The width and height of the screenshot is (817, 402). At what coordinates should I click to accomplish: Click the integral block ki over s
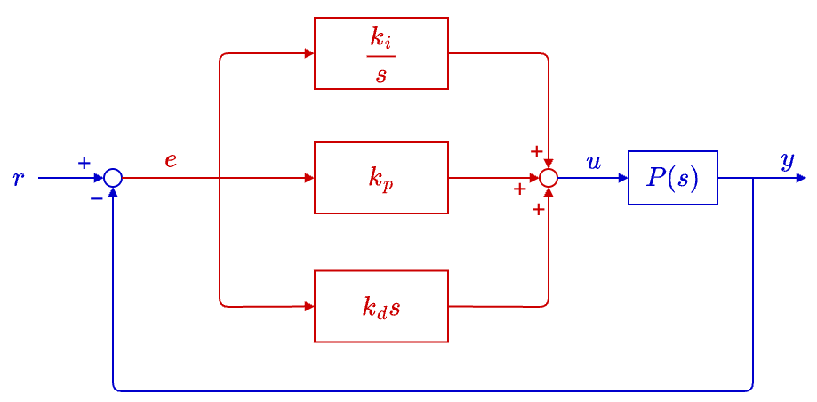[380, 53]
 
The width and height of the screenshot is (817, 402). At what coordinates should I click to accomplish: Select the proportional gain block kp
[380, 178]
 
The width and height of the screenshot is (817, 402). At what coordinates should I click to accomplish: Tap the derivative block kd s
[380, 306]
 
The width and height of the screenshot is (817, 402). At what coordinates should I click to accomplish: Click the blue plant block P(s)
[672, 178]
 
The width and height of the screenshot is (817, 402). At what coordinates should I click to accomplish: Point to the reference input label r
[18, 179]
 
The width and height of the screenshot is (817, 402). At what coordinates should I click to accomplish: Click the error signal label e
[171, 161]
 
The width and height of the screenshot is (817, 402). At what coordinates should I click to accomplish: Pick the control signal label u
[594, 162]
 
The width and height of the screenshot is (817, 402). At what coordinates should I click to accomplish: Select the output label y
[787, 160]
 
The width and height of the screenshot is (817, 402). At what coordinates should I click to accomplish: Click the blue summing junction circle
[113, 178]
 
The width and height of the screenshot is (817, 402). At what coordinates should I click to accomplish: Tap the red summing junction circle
[549, 178]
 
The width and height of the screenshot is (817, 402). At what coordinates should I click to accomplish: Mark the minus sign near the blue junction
[96, 197]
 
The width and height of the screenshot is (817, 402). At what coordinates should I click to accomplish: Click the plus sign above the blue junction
[84, 163]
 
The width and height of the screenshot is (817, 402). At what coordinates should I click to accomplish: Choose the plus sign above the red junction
[536, 151]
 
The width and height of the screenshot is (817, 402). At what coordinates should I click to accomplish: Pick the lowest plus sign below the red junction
[538, 210]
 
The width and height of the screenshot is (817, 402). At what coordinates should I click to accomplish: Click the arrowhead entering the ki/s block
[309, 53]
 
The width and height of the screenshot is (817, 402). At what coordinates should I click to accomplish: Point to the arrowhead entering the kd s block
[309, 306]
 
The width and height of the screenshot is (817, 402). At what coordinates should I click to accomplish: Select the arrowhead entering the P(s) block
[623, 178]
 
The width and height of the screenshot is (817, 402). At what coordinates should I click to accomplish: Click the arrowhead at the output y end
[801, 178]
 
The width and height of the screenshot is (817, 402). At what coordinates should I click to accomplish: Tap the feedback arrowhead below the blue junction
[113, 192]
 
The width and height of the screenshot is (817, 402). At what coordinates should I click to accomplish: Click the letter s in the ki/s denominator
[381, 74]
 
